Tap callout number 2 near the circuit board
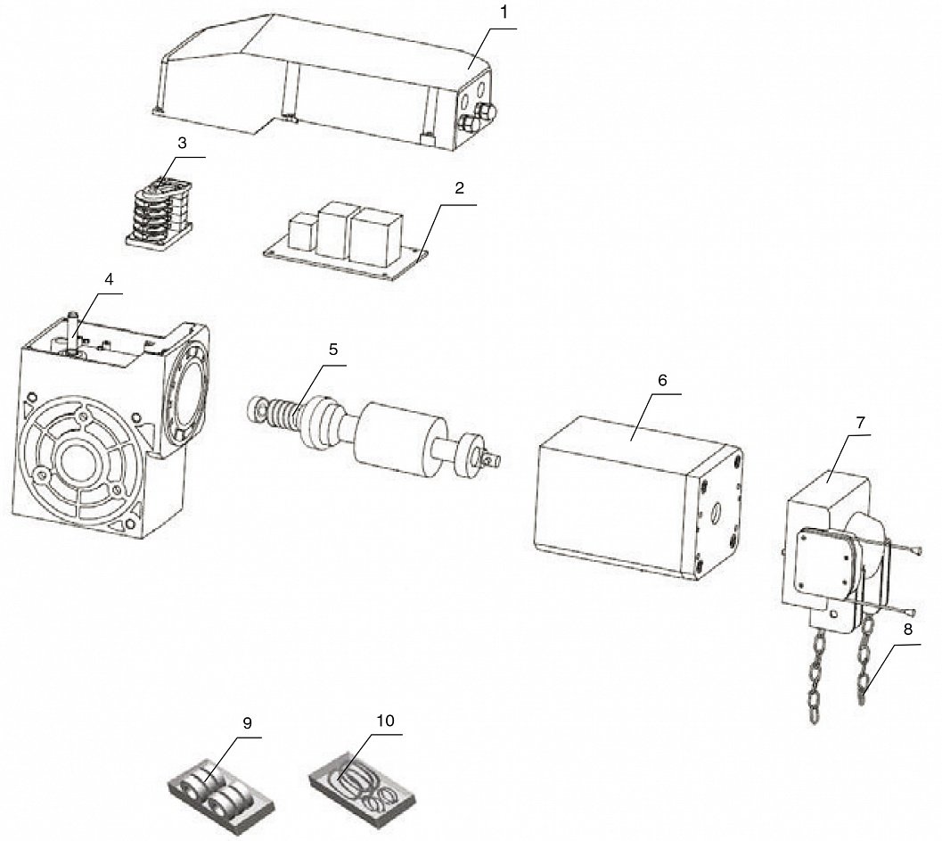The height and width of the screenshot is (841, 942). pyautogui.click(x=460, y=188)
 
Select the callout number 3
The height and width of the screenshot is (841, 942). pyautogui.click(x=183, y=143)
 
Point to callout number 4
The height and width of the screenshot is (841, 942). pyautogui.click(x=108, y=279)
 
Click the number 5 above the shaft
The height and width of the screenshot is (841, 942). pyautogui.click(x=333, y=350)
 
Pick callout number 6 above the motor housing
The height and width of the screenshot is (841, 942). pyautogui.click(x=663, y=380)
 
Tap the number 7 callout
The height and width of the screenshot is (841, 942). pyautogui.click(x=860, y=423)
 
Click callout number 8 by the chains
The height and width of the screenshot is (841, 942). pyautogui.click(x=907, y=630)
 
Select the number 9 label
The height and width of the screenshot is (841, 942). pyautogui.click(x=248, y=722)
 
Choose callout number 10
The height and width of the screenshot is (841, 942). pyautogui.click(x=386, y=721)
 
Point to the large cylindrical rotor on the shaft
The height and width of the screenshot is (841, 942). pyautogui.click(x=399, y=440)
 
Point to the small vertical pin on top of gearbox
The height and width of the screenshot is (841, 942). pyautogui.click(x=73, y=332)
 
